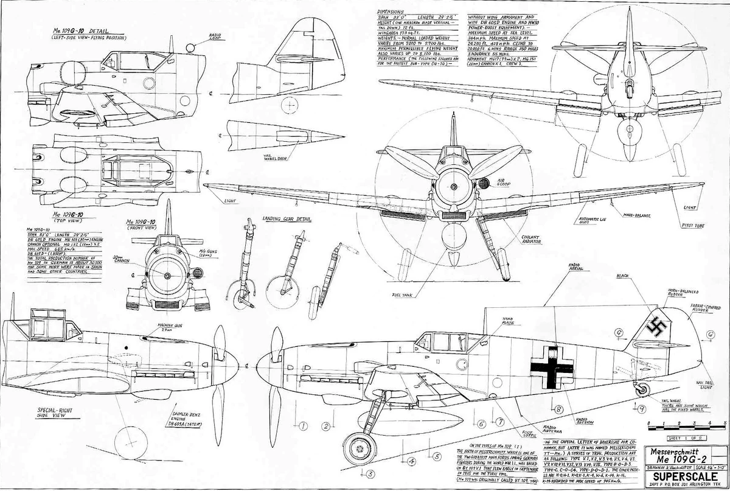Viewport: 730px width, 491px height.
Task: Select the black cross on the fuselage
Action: click(551, 366)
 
